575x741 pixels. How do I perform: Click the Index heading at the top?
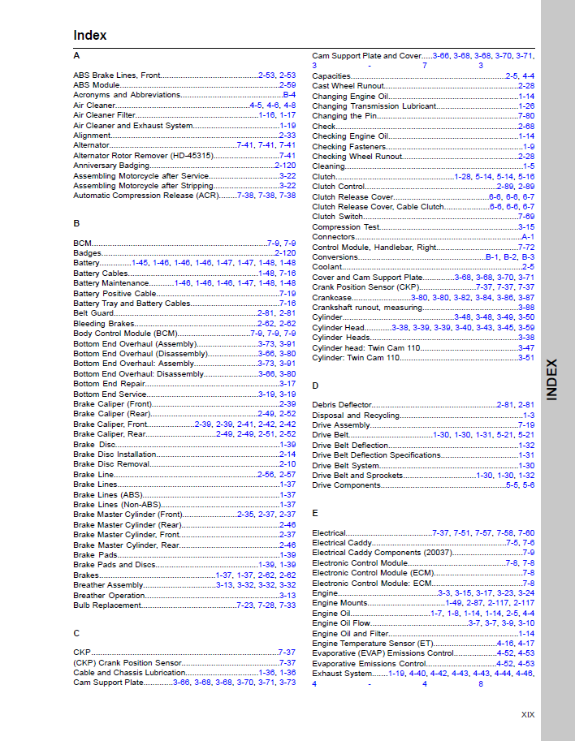tap(89, 36)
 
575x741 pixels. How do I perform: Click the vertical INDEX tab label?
tap(552, 379)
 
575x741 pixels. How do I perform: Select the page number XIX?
tap(528, 715)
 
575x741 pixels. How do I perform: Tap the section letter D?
tap(315, 386)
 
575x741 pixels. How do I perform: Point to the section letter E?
tap(315, 514)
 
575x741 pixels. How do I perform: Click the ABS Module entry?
tap(97, 85)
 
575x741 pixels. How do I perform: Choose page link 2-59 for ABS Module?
tap(287, 85)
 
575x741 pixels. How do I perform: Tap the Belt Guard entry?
tap(93, 312)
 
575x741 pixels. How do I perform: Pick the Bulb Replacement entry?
tap(108, 605)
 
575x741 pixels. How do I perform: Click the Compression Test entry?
tap(346, 227)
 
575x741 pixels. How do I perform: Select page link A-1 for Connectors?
tap(528, 237)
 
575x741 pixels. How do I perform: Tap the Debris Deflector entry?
tap(342, 405)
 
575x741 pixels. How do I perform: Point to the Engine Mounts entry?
tap(339, 603)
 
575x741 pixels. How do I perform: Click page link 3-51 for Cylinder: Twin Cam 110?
tap(526, 358)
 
